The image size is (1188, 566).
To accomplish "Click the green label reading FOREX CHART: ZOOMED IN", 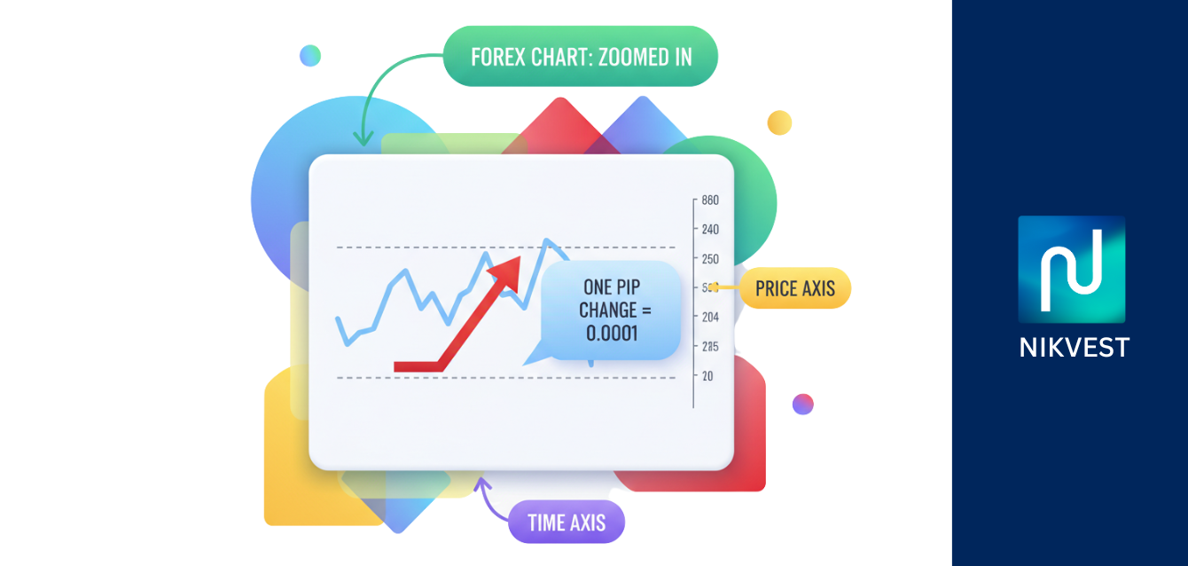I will (580, 57).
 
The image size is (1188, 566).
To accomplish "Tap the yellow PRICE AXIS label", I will (794, 288).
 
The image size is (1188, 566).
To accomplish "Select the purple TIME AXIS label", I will (567, 522).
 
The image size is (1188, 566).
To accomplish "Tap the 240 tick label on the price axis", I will (710, 229).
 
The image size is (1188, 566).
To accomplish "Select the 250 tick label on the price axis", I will (710, 258).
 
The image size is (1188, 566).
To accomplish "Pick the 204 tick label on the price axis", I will (710, 317).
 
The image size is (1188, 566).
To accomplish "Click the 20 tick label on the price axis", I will (707, 375).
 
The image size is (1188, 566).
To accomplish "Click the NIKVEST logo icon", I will (1071, 269).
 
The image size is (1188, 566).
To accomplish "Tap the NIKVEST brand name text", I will (1074, 346).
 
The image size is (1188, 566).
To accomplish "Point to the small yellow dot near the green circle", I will (779, 122).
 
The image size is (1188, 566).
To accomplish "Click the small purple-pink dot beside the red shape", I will (802, 404).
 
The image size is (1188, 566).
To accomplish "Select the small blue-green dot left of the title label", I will (309, 56).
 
